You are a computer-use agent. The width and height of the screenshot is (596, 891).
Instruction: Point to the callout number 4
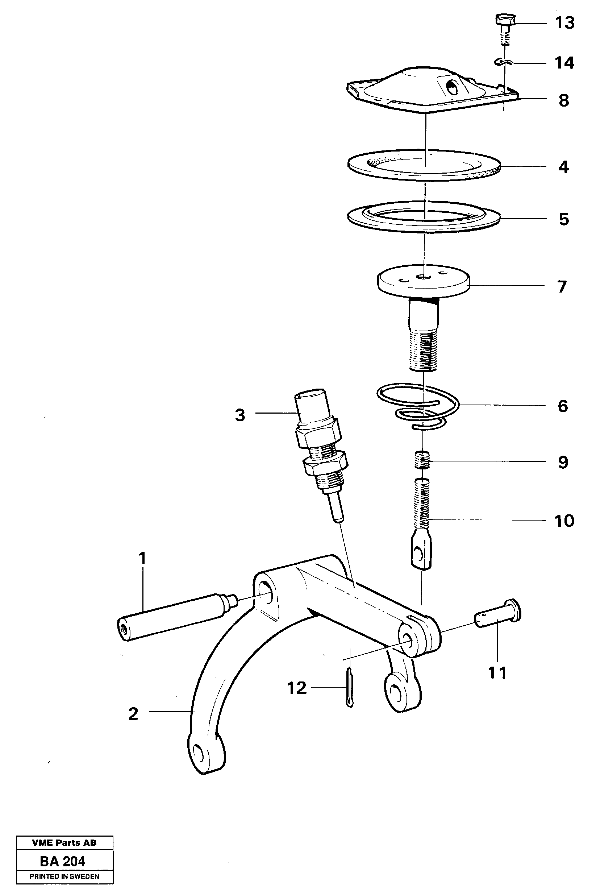563,167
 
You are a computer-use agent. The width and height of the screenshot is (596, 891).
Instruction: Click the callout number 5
564,219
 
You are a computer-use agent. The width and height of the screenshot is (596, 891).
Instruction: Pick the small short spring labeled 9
422,460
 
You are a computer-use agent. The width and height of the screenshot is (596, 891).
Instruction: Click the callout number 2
133,714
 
